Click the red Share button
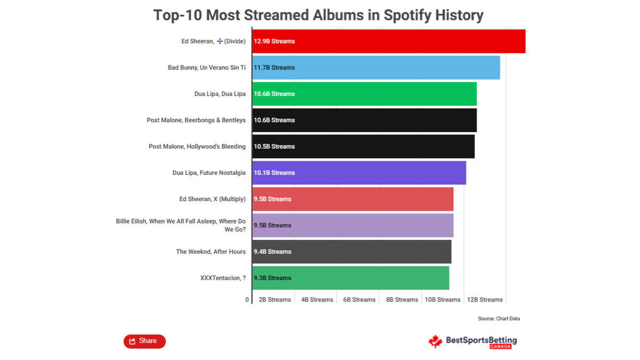(145, 341)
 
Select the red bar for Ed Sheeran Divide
(389, 41)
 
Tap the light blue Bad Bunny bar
(376, 67)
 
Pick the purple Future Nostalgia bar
(359, 173)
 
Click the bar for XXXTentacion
(350, 278)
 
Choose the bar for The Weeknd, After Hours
(351, 252)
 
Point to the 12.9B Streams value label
(274, 41)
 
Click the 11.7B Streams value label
(274, 68)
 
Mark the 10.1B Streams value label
(274, 173)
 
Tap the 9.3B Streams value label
(273, 278)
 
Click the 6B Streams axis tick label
(359, 300)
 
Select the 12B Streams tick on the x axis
(485, 300)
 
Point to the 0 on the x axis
(247, 300)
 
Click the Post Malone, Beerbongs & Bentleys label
(196, 121)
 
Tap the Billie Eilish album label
(181, 225)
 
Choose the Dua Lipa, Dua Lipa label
(220, 94)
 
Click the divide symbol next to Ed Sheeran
(219, 42)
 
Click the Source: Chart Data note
(499, 318)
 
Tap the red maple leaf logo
(435, 341)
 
